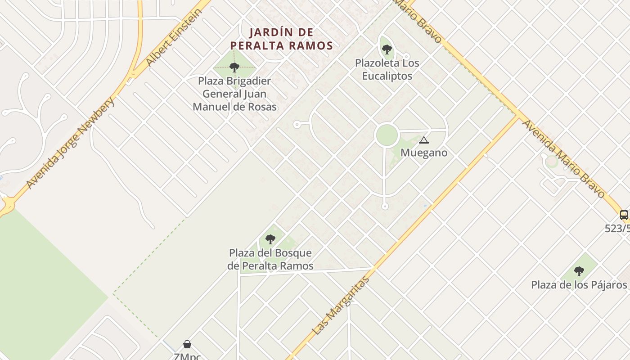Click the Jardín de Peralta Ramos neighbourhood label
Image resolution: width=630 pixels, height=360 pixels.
(281, 39)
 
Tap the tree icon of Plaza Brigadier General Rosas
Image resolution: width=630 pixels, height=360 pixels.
(234, 67)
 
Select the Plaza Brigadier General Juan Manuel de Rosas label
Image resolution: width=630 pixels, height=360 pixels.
(234, 94)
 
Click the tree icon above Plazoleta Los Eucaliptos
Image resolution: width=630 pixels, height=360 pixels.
(387, 49)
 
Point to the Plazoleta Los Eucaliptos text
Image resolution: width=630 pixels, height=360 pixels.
(387, 69)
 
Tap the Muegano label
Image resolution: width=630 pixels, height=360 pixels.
(424, 153)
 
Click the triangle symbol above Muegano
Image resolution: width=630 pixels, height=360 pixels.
(423, 140)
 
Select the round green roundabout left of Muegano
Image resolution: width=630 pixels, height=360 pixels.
(387, 135)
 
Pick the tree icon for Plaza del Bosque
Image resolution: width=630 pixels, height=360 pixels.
(270, 239)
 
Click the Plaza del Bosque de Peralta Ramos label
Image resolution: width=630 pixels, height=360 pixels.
(270, 259)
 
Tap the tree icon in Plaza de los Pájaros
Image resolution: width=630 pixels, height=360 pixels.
(579, 271)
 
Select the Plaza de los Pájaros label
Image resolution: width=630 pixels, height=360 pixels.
(579, 285)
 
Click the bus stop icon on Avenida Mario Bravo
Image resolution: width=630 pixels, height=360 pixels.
(624, 215)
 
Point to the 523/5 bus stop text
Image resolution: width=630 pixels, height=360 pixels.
(617, 229)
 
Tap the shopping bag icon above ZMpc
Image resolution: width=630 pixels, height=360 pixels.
(187, 344)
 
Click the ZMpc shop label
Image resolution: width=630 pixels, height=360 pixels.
(187, 356)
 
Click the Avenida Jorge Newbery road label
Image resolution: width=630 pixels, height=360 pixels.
(71, 143)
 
